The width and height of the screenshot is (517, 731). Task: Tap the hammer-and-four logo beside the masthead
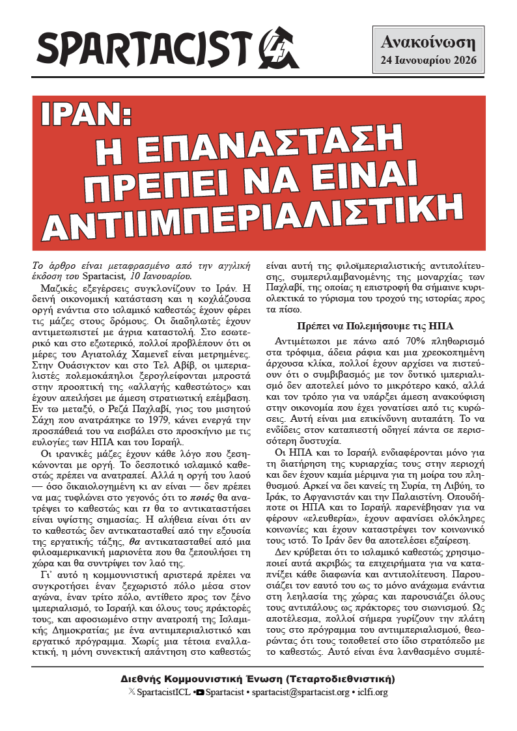tap(279, 49)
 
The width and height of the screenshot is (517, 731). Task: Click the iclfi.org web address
tap(373, 693)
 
